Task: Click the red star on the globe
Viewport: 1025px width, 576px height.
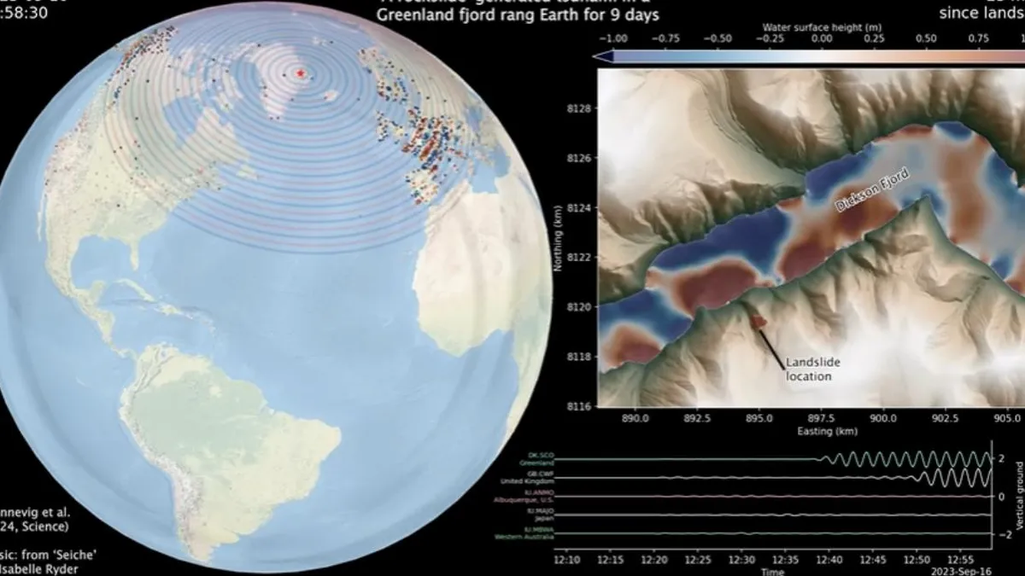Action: tap(300, 74)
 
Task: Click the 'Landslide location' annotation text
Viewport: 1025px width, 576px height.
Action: tap(809, 369)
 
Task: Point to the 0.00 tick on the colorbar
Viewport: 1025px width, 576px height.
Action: tap(821, 38)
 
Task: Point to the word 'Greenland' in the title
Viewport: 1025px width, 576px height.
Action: tap(413, 15)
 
